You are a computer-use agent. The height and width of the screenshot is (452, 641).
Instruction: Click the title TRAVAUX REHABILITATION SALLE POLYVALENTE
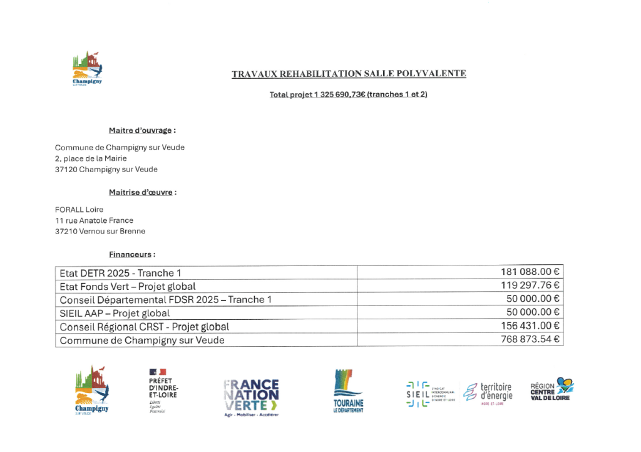click(x=349, y=74)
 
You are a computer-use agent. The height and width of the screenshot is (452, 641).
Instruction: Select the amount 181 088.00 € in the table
click(x=530, y=272)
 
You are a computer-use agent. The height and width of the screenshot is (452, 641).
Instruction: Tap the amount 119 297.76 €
click(x=530, y=286)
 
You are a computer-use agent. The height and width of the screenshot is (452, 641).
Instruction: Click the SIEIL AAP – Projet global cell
click(x=115, y=313)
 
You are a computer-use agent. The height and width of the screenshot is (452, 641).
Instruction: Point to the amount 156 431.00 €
click(x=530, y=326)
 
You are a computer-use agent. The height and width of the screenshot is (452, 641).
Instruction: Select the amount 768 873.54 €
click(x=530, y=340)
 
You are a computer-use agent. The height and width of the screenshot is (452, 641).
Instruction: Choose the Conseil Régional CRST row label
click(x=144, y=327)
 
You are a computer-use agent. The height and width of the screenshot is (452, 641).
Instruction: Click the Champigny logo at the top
click(x=87, y=69)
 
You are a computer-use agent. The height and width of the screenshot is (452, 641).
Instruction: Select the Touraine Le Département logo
click(x=348, y=391)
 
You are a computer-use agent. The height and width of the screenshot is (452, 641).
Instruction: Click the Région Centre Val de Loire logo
click(x=551, y=389)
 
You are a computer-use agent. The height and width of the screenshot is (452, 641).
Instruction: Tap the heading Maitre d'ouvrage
click(x=142, y=131)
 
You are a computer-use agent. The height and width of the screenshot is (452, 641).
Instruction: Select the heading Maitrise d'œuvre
click(x=143, y=192)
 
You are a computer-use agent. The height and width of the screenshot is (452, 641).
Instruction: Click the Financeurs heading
click(x=132, y=255)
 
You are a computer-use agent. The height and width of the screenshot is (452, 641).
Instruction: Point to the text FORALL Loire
click(x=79, y=210)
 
